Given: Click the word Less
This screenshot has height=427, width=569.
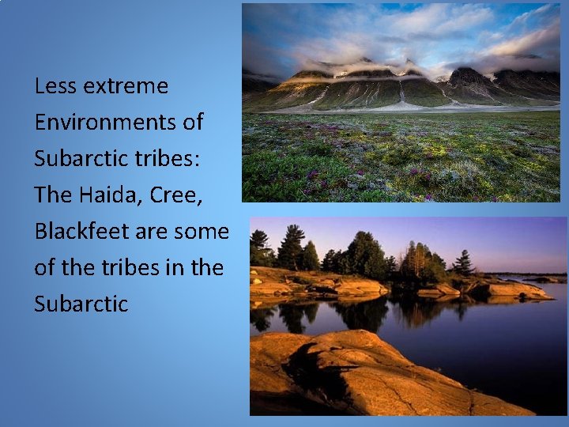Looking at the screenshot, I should pyautogui.click(x=55, y=86).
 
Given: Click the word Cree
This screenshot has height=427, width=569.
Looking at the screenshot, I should pyautogui.click(x=176, y=195).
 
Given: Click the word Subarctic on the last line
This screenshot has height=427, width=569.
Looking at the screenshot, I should pyautogui.click(x=81, y=304).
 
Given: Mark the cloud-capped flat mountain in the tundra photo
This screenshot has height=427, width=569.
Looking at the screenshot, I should pyautogui.click(x=371, y=75).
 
